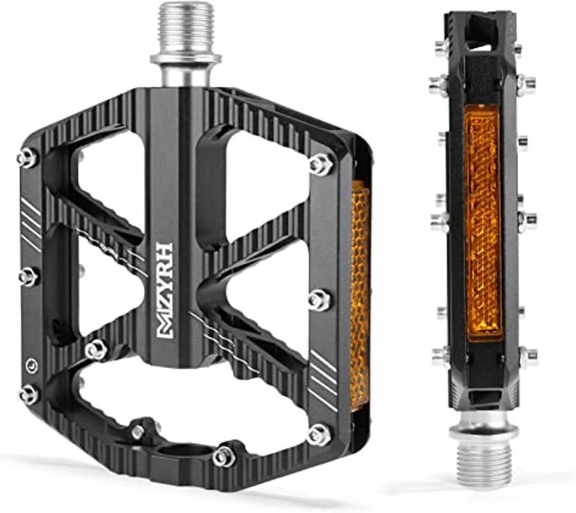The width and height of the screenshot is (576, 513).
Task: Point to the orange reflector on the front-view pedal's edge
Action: click(360, 294)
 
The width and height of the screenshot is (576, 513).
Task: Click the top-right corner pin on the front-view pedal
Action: click(321, 164)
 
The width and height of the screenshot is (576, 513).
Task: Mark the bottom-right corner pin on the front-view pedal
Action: click(318, 435)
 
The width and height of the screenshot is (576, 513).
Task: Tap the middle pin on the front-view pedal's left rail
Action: click(28, 277)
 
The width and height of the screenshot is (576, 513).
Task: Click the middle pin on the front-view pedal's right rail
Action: click(319, 300)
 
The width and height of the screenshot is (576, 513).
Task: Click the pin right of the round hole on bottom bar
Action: click(224, 456)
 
